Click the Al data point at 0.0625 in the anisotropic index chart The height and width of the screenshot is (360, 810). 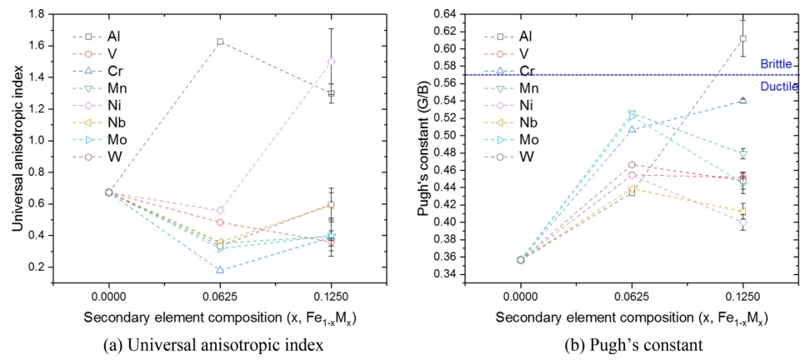click(x=220, y=41)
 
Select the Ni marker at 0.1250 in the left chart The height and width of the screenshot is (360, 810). click(x=332, y=62)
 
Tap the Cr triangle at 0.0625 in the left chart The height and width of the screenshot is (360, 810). click(x=220, y=270)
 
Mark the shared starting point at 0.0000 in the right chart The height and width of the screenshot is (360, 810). click(x=521, y=259)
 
